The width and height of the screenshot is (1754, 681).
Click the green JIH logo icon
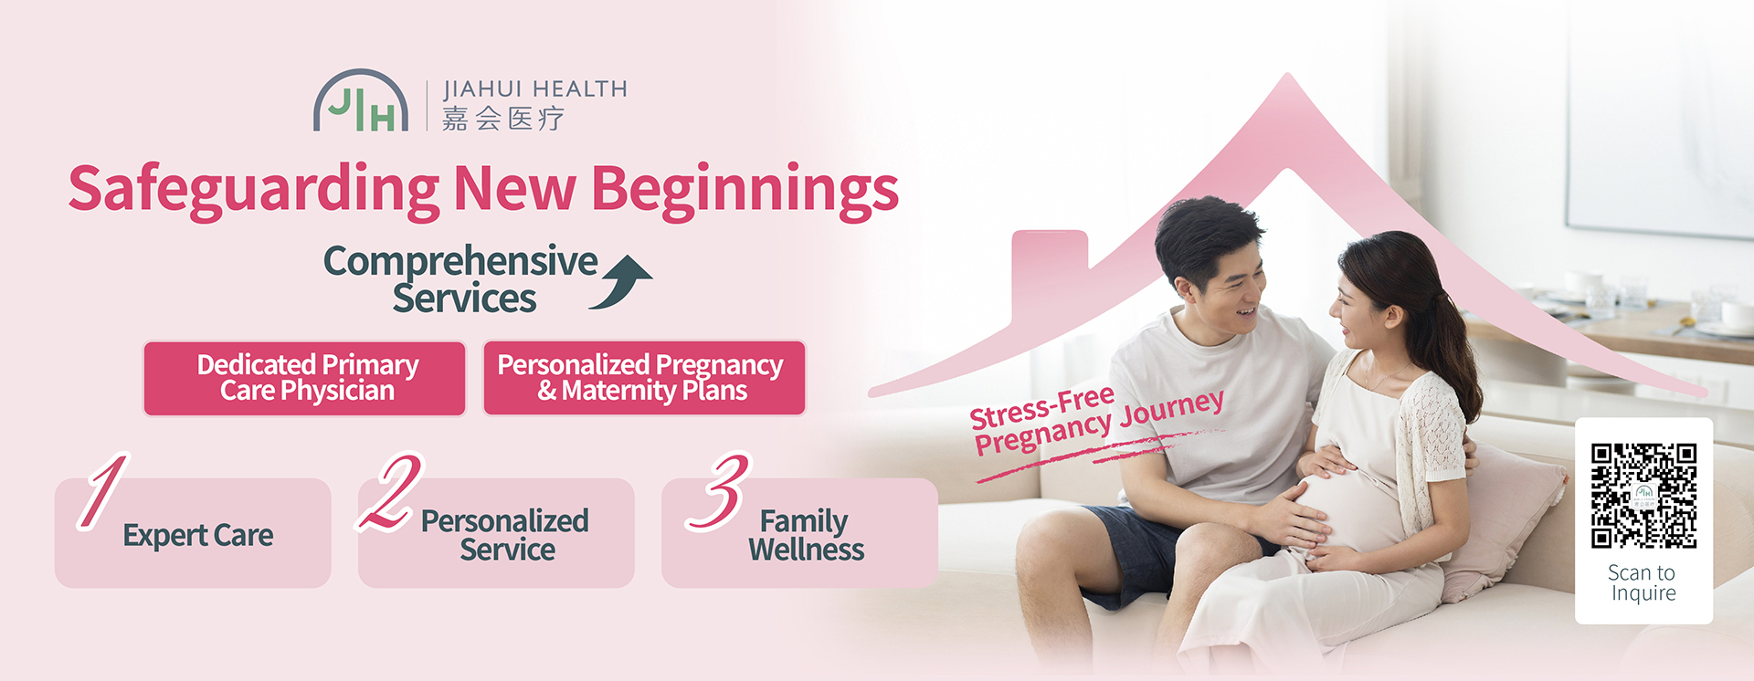coord(361,100)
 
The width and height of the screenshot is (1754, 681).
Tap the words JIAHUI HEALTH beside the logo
coord(535,89)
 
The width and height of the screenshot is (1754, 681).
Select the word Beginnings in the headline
coord(745,191)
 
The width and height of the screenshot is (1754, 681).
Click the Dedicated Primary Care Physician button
coord(305,378)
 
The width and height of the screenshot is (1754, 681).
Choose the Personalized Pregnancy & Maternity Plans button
coord(644,378)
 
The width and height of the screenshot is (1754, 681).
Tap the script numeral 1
coord(102,490)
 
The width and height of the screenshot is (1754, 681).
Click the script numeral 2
coord(390,491)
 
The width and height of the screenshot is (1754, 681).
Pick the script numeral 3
coord(719,491)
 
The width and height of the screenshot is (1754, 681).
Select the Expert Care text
coord(198,535)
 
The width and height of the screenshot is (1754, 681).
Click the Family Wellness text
coord(806,535)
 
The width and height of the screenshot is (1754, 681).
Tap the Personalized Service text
coord(505,535)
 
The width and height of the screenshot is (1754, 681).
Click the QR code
coord(1643,496)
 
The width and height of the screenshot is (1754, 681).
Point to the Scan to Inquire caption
coord(1643,583)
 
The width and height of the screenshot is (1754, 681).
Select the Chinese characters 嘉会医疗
coord(503,119)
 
